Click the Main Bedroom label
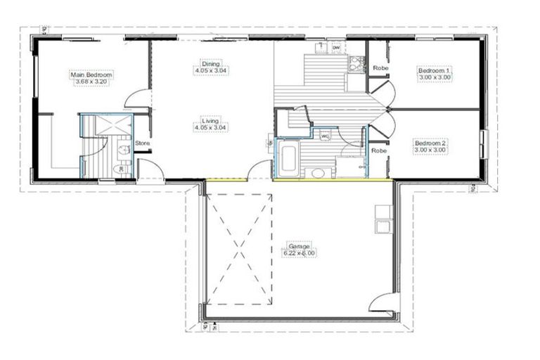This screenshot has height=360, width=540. pos(91,74)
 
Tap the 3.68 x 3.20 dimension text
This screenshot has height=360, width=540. pos(91,81)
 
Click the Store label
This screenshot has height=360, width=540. pos(142,143)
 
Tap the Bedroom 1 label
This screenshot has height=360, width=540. pos(434,70)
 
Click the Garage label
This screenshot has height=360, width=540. pos(298,246)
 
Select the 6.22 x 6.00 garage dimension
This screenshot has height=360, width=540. pos(298,253)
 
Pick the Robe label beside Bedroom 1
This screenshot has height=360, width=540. pos(380,68)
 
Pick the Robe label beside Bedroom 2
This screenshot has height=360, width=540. pos(379,150)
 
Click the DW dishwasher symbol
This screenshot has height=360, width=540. pos(335,48)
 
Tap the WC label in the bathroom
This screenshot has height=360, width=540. pos(325,136)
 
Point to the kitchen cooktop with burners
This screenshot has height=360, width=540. pos(355,65)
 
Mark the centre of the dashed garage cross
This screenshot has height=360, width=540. pos(240,250)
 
